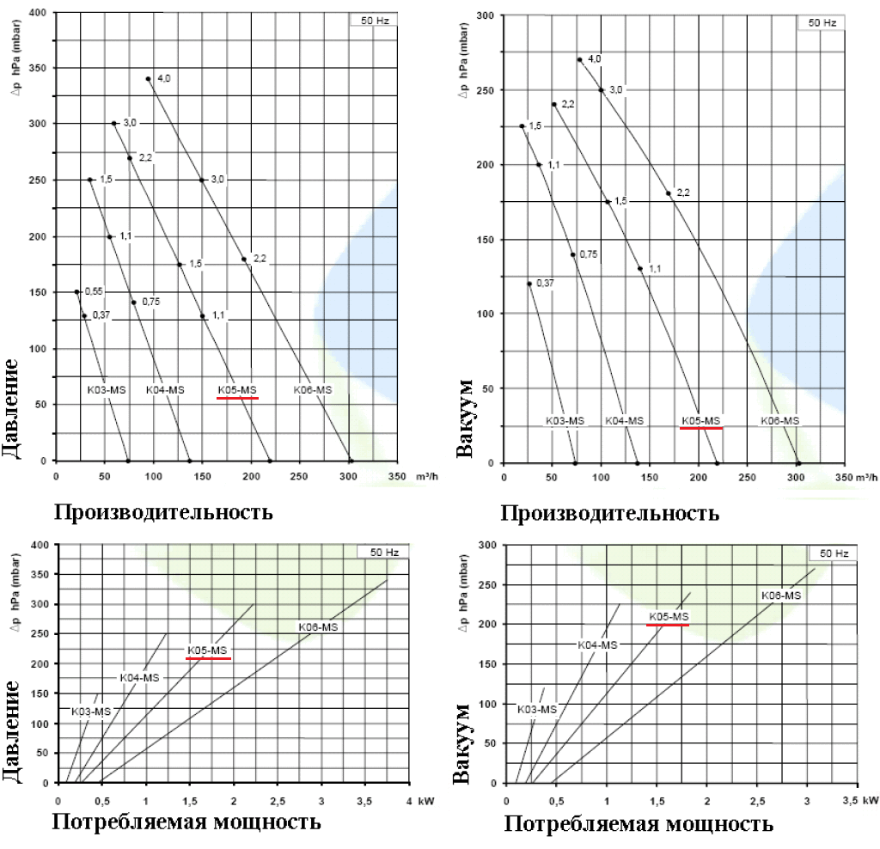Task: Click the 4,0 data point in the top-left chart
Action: click(x=148, y=78)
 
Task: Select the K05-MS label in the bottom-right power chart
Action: click(x=669, y=616)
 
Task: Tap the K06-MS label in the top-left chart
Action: click(x=312, y=390)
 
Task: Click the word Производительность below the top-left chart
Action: click(x=163, y=512)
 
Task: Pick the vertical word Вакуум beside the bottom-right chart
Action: click(x=463, y=743)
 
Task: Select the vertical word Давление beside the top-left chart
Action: click(x=12, y=405)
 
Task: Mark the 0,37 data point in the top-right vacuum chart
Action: click(x=529, y=284)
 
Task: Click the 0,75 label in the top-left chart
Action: click(x=150, y=302)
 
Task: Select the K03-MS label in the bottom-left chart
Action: click(x=91, y=712)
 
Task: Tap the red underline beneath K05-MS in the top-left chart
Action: click(x=237, y=399)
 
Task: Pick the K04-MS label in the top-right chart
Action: click(x=624, y=421)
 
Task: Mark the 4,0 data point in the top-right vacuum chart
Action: click(x=579, y=60)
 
